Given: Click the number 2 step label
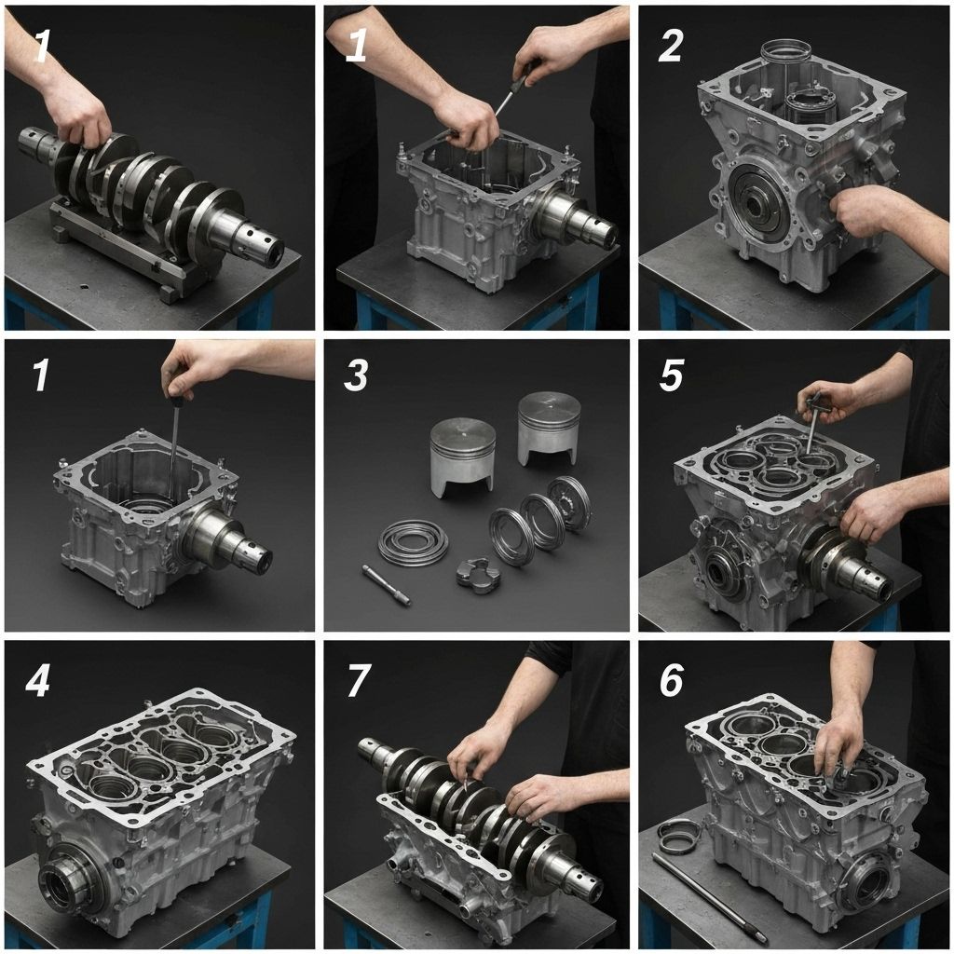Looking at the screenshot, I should (x=671, y=46).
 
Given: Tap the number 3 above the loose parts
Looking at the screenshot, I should (x=356, y=375).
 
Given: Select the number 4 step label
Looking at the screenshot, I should (x=37, y=682).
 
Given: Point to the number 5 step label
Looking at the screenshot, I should (x=671, y=375).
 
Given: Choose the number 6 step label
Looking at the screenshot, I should (x=671, y=682).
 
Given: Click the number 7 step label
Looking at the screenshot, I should (x=359, y=682).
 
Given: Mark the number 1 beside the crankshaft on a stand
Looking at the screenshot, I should (x=41, y=46).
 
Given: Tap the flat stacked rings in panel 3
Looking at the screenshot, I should (x=413, y=541).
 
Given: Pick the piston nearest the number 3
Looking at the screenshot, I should (x=462, y=455).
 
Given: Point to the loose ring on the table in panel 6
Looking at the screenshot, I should (x=678, y=835).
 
